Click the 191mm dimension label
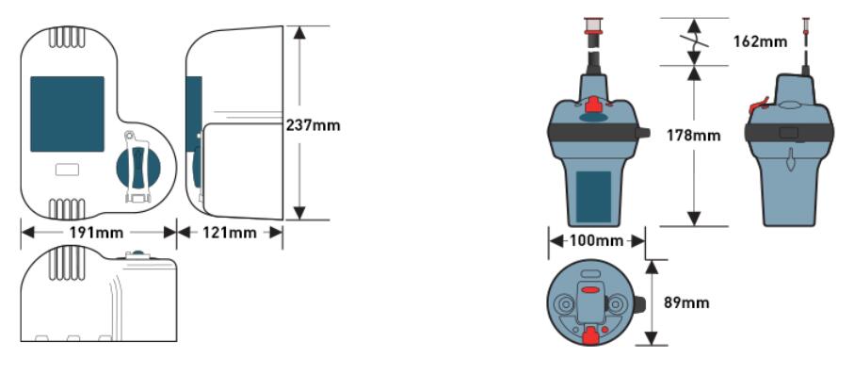pyautogui.click(x=96, y=233)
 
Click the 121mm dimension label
pyautogui.click(x=230, y=233)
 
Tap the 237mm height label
pyautogui.click(x=314, y=125)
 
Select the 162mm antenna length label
pyautogui.click(x=761, y=41)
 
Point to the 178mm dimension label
pyautogui.click(x=693, y=136)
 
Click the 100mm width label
pyautogui.click(x=596, y=240)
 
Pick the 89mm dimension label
pyautogui.click(x=686, y=302)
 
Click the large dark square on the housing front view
pyautogui.click(x=67, y=114)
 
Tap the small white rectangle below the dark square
pyautogui.click(x=67, y=170)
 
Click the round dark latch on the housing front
pyautogui.click(x=138, y=167)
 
